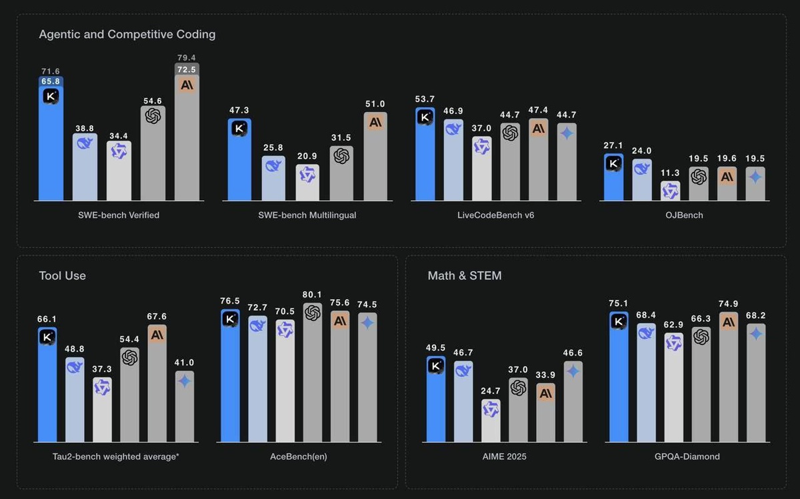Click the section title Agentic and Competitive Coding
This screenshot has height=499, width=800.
pos(127,34)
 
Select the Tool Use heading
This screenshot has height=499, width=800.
pos(62,276)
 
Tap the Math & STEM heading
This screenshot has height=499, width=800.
pos(465,276)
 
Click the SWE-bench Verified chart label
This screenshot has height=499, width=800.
pos(119,215)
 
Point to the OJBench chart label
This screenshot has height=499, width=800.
pos(684,215)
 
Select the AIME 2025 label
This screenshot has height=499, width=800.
pos(504,456)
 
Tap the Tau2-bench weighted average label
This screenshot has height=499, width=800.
pos(115,456)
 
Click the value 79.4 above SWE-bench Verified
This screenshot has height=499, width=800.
pos(187,57)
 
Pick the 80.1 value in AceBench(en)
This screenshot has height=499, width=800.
pos(312,294)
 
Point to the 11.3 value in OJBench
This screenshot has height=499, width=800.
pos(671,172)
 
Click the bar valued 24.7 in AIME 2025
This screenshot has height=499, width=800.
pos(491,422)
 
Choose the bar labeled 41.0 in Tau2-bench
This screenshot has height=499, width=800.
pos(185,407)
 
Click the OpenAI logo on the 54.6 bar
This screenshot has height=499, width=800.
pos(153,116)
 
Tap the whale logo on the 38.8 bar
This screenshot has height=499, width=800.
pos(85,143)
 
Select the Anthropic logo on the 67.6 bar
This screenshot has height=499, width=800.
pos(157,335)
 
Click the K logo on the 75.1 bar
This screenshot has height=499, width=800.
pos(619,322)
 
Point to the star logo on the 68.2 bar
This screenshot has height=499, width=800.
pos(755,334)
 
